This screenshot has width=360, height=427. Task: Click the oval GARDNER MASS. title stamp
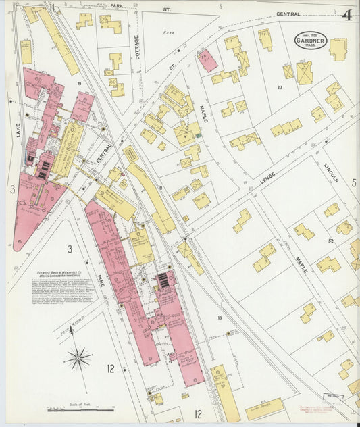(x=311, y=41)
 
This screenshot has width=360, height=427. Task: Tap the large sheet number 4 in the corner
(x=346, y=16)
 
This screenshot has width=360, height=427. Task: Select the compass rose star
(x=79, y=357)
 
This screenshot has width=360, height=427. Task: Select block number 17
(x=279, y=87)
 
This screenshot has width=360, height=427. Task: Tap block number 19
(x=79, y=83)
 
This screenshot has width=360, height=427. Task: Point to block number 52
(x=331, y=241)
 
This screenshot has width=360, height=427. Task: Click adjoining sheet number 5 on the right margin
(x=353, y=183)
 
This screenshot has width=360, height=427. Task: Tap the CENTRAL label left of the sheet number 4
(x=288, y=14)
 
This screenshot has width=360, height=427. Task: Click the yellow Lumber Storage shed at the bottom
(x=265, y=407)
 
